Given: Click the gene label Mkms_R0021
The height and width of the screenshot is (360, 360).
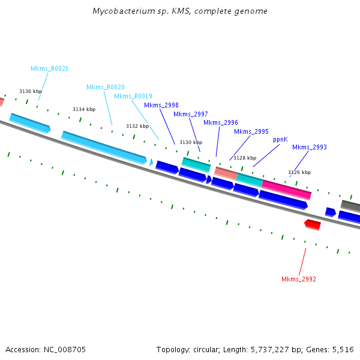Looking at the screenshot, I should [x=49, y=68].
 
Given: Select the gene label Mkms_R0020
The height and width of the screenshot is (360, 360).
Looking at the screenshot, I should [x=106, y=87].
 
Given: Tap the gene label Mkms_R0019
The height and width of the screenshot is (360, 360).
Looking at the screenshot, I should [x=133, y=96].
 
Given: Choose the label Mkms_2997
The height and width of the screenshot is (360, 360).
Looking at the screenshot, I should [x=191, y=114].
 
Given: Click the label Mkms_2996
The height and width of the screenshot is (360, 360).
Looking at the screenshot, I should [x=220, y=122].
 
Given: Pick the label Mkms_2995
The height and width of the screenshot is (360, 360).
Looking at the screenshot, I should [x=251, y=131].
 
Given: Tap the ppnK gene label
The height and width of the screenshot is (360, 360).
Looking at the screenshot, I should [x=280, y=139].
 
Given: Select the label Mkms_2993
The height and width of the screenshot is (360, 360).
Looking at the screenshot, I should [x=309, y=147].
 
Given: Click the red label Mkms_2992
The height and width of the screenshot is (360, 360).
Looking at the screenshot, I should [x=298, y=279].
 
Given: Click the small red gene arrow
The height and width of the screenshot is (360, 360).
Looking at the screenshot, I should [x=313, y=224].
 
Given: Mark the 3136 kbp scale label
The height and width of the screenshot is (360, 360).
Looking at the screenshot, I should [x=30, y=91].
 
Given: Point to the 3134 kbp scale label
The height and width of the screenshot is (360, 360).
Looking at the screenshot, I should [x=84, y=109].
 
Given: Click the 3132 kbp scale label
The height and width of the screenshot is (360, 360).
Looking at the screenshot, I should [x=137, y=126].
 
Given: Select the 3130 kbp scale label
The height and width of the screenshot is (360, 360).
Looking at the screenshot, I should [x=191, y=142].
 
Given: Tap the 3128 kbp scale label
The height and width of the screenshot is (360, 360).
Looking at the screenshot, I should [x=244, y=158].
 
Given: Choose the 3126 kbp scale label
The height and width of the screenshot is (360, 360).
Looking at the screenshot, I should [x=299, y=172].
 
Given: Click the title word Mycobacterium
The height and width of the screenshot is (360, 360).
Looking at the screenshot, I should [x=121, y=11].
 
